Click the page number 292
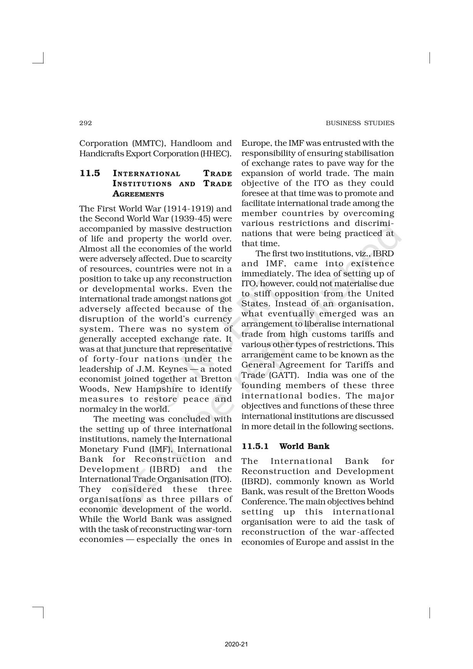[x=85, y=123]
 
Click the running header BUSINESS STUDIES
[x=360, y=123]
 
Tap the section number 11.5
[x=90, y=173]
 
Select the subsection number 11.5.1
[x=255, y=446]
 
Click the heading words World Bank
[x=304, y=446]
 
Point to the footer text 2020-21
[x=236, y=634]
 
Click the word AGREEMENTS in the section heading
[x=138, y=194]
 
